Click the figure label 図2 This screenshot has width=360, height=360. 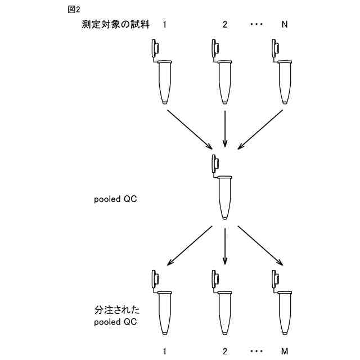click(x=74, y=10)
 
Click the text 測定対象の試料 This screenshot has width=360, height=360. click(x=115, y=25)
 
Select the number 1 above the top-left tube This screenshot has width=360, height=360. click(x=164, y=25)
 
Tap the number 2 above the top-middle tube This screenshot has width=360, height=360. click(x=225, y=25)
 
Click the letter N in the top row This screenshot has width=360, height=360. click(x=285, y=25)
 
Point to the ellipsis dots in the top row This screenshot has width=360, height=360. click(x=255, y=25)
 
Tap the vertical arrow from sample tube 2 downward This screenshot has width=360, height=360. click(x=225, y=128)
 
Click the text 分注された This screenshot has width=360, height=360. click(x=116, y=310)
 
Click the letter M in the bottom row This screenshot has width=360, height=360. click(x=285, y=352)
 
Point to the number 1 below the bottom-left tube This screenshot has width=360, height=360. click(x=164, y=352)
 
